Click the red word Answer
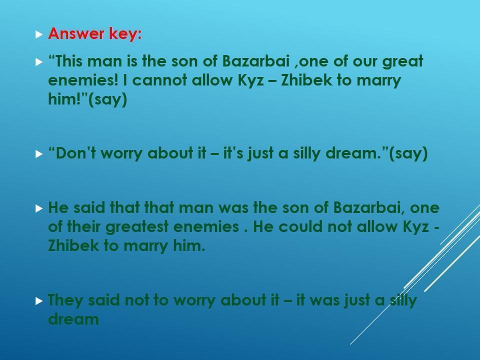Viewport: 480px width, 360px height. click(76, 33)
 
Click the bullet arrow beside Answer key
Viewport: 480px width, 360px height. click(39, 34)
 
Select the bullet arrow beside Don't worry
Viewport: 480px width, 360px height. click(39, 153)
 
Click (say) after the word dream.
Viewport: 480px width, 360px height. click(408, 153)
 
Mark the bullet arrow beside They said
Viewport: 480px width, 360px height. click(39, 301)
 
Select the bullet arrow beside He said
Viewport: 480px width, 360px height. click(39, 208)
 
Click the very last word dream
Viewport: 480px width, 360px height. click(73, 319)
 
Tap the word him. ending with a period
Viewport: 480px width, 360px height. click(189, 245)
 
